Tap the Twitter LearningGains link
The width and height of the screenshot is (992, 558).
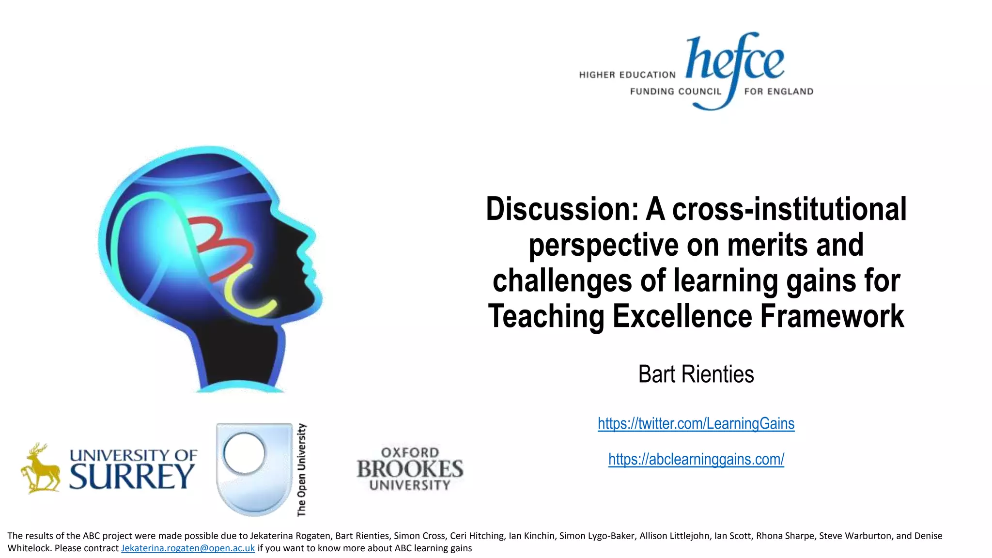[x=696, y=423]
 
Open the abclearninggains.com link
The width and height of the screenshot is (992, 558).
[x=696, y=459]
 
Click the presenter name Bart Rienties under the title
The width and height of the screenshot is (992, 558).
[x=696, y=374]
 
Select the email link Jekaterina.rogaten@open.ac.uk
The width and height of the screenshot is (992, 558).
[x=188, y=548]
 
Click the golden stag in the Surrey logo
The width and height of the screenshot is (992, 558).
[x=40, y=468]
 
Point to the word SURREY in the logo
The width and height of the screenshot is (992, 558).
[x=132, y=477]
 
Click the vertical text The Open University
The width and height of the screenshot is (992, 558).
[x=301, y=470]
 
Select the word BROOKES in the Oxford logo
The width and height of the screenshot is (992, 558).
[x=410, y=469]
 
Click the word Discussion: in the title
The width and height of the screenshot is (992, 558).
[x=562, y=209]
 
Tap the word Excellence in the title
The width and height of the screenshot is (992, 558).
[x=682, y=316]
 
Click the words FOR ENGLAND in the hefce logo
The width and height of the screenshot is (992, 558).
[x=778, y=92]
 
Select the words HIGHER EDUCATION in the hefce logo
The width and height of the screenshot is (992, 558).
[x=627, y=75]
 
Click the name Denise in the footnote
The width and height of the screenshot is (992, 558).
[x=928, y=536]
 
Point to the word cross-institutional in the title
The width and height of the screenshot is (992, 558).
[x=789, y=209]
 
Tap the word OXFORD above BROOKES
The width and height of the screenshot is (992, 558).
[x=410, y=452]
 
